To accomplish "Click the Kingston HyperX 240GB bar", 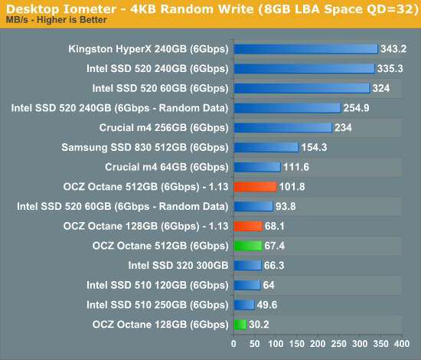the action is pyautogui.click(x=306, y=49).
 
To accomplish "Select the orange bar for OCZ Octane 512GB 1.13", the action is pyautogui.click(x=255, y=187).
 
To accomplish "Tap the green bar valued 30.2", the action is pyautogui.click(x=240, y=325).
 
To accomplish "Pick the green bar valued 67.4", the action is pyautogui.click(x=248, y=246).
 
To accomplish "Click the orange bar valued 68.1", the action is pyautogui.click(x=248, y=226).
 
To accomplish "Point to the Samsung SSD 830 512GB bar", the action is pyautogui.click(x=266, y=147).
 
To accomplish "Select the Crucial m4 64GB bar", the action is pyautogui.click(x=257, y=167).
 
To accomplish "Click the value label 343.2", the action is pyautogui.click(x=393, y=49).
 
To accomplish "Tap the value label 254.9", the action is pyautogui.click(x=356, y=108).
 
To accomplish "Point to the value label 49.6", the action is pyautogui.click(x=267, y=305).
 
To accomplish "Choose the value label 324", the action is pyautogui.click(x=381, y=88).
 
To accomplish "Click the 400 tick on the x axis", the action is pyautogui.click(x=402, y=344).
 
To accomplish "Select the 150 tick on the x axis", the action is pyautogui.click(x=297, y=344).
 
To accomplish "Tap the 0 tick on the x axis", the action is pyautogui.click(x=233, y=344).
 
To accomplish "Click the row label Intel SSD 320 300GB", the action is pyautogui.click(x=178, y=266).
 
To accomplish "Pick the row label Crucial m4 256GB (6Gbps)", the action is pyautogui.click(x=164, y=128).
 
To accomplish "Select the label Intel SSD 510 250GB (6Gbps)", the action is pyautogui.click(x=158, y=305).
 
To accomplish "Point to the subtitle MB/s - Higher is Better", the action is pyautogui.click(x=57, y=20).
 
